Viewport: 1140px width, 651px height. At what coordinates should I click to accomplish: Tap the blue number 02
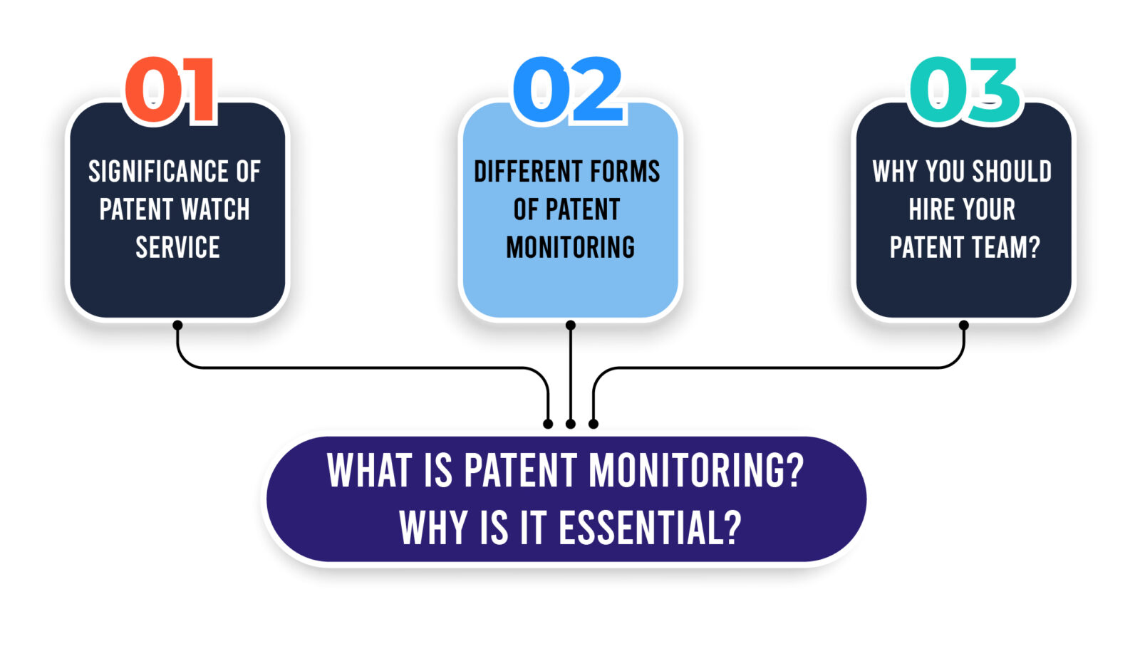(568, 91)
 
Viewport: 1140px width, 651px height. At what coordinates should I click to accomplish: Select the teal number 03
(965, 91)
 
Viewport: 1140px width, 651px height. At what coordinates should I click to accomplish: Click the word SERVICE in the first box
(177, 248)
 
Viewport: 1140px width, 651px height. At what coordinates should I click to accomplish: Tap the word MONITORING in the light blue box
(570, 248)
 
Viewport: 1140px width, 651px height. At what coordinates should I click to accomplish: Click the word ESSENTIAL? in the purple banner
(650, 528)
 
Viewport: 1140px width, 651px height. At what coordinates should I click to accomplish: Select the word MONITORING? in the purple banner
(695, 471)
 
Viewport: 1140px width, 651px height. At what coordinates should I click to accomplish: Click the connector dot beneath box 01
(177, 325)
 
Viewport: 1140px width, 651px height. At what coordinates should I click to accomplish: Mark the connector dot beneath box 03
(963, 325)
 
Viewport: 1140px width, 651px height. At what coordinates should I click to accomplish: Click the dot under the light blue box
(570, 325)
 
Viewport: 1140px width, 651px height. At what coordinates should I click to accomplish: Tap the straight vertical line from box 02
(570, 374)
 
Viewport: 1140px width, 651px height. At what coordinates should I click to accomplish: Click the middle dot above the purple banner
(570, 424)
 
